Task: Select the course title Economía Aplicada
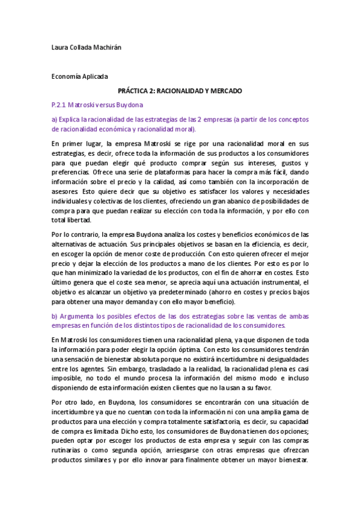[80, 76]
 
